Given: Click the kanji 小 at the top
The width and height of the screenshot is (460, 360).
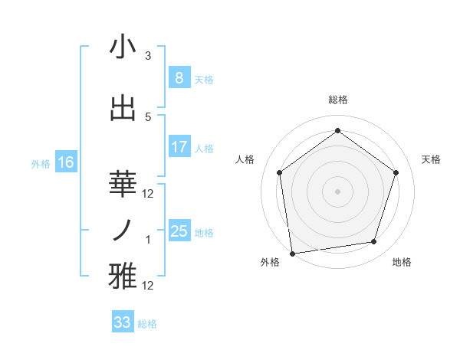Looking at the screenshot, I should click(123, 47).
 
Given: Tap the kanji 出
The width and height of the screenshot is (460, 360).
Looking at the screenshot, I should click(123, 108).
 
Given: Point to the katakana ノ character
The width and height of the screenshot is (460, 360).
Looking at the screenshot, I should click(123, 231).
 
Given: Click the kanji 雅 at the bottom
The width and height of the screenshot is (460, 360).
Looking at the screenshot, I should click(123, 277).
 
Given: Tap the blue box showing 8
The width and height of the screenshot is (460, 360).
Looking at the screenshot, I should click(179, 78).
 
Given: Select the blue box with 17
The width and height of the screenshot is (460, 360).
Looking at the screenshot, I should click(179, 147).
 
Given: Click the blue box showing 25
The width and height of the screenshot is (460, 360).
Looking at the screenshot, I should click(179, 231).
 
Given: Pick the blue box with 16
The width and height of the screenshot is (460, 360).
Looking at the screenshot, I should click(65, 162).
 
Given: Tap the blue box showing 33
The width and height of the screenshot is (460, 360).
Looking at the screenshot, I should click(122, 322).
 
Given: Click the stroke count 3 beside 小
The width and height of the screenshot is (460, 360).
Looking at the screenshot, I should click(148, 56).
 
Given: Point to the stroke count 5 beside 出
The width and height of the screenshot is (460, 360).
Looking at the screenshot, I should click(148, 117).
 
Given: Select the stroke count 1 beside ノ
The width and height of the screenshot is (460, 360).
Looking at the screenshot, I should click(148, 240).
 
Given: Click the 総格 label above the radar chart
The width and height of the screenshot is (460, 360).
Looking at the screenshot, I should click(338, 100).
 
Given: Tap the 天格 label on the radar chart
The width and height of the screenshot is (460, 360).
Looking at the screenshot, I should click(431, 159).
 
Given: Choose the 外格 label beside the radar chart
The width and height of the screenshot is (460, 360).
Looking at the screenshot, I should click(270, 263).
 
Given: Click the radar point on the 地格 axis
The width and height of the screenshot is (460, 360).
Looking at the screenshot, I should click(374, 242).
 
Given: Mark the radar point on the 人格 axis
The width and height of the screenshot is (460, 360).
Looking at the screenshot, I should click(279, 172).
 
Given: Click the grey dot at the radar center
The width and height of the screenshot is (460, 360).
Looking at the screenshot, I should click(338, 191).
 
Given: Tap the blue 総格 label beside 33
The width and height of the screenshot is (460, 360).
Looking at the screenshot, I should click(147, 324).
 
